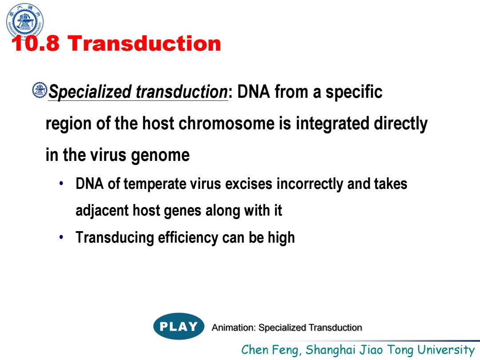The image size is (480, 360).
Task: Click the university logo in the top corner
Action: tap(25, 21)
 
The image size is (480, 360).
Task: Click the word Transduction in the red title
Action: tap(144, 43)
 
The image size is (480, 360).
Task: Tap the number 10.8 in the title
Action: tap(36, 43)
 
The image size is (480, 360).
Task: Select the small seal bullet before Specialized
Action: tap(40, 90)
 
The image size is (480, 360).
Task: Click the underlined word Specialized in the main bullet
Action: tap(90, 92)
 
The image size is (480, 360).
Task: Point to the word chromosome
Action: tap(226, 124)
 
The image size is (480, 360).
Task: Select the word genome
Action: tap(160, 156)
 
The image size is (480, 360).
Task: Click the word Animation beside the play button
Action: tap(234, 328)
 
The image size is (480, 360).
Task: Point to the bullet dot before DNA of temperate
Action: tap(61, 184)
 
